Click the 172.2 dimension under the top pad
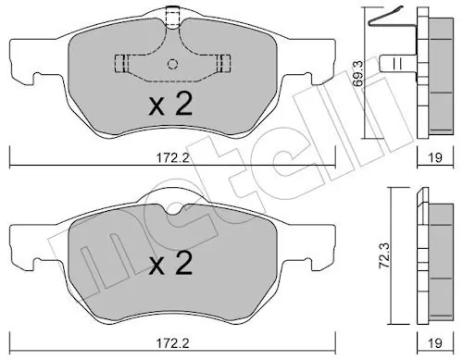172,158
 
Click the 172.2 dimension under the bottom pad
172,342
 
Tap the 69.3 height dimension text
358,74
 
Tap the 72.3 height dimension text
384,255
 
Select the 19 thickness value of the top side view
435,157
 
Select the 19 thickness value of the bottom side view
435,342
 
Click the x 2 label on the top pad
170,104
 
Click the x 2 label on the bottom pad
170,263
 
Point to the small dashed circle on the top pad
172,64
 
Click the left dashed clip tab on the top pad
121,64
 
